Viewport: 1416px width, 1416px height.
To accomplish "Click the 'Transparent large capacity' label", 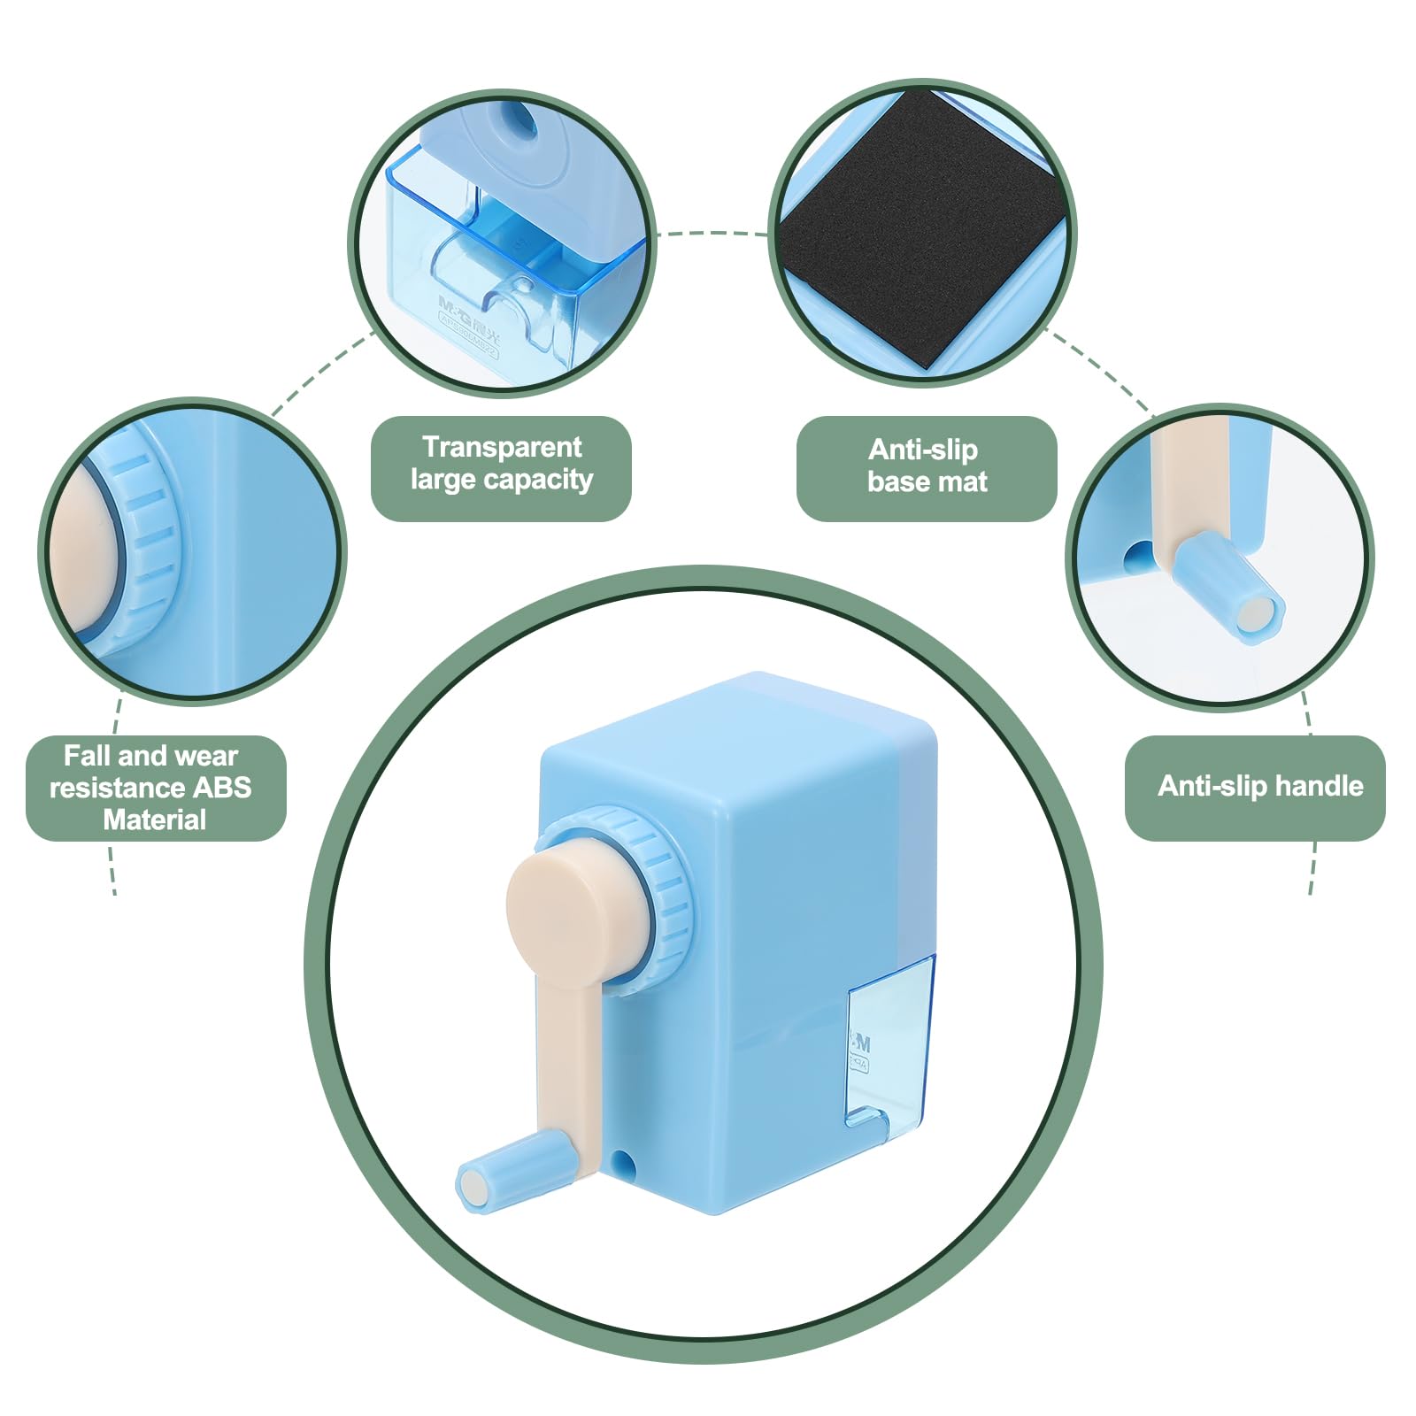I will (501, 464).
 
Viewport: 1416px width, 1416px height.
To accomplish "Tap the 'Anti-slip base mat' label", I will (926, 466).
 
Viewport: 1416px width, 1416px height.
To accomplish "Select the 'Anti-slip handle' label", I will (1259, 786).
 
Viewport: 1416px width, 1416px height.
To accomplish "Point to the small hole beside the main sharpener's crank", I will (624, 1160).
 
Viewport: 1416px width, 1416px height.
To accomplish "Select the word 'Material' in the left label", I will (154, 820).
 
